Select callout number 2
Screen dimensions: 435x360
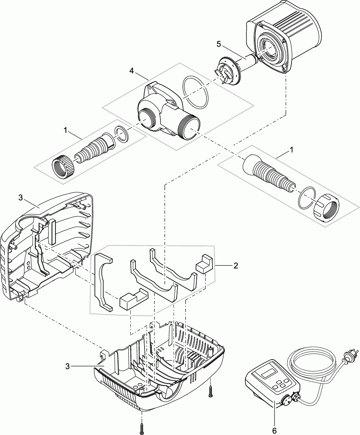pos(236,266)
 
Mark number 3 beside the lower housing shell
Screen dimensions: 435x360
pos(68,366)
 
